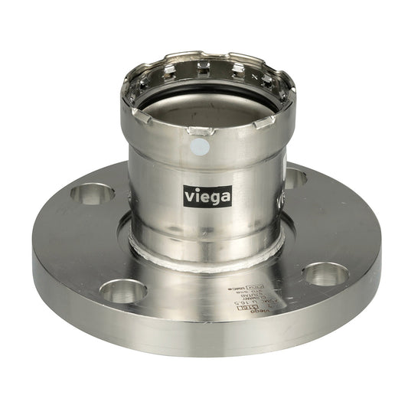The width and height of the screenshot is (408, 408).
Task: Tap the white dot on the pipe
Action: [201, 149]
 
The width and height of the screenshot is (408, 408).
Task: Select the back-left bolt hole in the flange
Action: [93, 193]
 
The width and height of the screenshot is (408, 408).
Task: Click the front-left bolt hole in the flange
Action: [123, 289]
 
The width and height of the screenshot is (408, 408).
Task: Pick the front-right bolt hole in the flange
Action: [327, 273]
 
